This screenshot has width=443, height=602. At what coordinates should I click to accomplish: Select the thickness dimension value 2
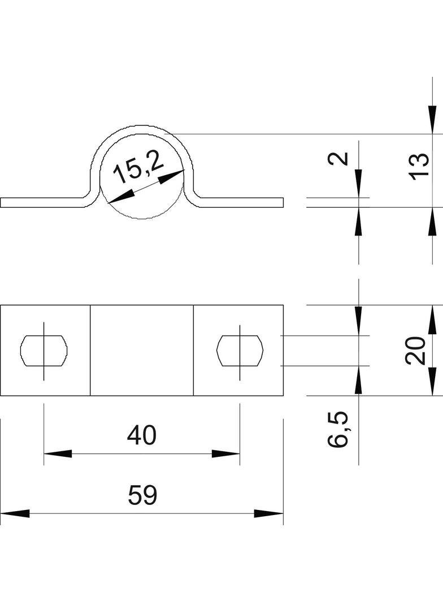pos(338,158)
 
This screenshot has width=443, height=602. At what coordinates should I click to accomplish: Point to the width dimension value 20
pos(415,351)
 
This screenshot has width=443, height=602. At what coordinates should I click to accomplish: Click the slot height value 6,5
pos(338,429)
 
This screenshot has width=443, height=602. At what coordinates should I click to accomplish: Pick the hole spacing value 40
pos(141,435)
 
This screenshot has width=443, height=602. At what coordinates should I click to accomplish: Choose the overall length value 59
pos(142,495)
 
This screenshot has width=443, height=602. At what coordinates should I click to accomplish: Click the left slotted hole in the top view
pos(44,350)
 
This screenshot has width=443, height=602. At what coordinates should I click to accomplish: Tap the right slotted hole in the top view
pos(240,350)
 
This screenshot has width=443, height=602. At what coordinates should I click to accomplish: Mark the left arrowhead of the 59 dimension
pos(14,513)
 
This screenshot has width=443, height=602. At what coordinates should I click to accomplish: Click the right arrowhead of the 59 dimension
pos(269,513)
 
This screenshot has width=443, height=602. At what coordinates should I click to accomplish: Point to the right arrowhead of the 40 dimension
pos(226,453)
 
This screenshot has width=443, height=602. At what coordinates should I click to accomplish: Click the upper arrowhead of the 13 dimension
pos(432,120)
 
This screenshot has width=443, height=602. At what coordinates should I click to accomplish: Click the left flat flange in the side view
pos(42,203)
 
